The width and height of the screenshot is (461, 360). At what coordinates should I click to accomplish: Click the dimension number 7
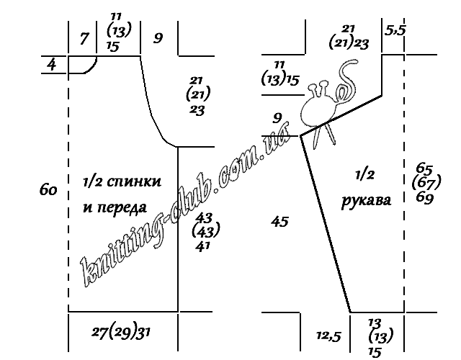tap(84, 38)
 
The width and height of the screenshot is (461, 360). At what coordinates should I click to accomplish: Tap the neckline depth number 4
tap(52, 64)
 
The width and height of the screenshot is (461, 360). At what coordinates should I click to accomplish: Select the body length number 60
tap(48, 190)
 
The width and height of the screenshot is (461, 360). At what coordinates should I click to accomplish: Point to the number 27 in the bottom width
tap(99, 333)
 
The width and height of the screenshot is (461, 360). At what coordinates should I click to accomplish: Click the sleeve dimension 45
tap(279, 221)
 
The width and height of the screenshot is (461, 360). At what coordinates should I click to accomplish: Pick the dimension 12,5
tap(328, 336)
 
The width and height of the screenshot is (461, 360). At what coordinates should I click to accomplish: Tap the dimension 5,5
tap(395, 30)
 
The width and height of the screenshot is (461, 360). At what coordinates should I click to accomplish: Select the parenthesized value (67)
tap(426, 182)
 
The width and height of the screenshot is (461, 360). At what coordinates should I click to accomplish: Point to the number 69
tap(425, 198)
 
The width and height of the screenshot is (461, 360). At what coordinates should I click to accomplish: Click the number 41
tap(203, 246)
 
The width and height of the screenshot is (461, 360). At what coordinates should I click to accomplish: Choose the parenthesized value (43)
tap(206, 230)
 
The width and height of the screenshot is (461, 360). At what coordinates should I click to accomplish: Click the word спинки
tap(134, 181)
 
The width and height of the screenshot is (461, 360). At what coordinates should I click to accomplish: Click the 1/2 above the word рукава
tap(365, 175)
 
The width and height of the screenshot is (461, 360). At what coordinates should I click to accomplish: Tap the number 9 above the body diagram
tap(158, 38)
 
